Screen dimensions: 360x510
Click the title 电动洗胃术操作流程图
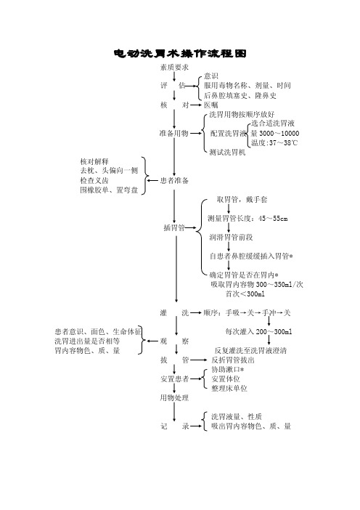point(180,53)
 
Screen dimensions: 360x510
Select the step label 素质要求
point(174,68)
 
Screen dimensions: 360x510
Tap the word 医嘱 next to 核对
point(211,105)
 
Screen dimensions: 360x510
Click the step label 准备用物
point(173,133)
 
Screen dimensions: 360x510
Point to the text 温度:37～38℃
point(274,142)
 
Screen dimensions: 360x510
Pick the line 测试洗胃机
point(227,152)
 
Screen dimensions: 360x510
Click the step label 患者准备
point(174,180)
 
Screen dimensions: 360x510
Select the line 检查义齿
point(94,180)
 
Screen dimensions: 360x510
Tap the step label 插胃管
point(174,227)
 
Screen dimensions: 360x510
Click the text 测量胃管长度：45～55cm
point(247,218)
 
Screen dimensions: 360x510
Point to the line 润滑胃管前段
point(231,237)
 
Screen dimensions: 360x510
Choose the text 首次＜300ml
point(245,294)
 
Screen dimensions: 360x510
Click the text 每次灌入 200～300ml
point(258,331)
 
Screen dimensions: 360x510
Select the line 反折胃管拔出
point(233,360)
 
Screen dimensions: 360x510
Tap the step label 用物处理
point(174,397)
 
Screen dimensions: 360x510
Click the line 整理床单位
point(229,388)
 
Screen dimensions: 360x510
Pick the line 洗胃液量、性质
point(237,416)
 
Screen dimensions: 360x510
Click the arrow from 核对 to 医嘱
point(196,105)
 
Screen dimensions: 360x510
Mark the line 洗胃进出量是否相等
point(87,341)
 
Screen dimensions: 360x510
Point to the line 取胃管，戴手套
point(242,199)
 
